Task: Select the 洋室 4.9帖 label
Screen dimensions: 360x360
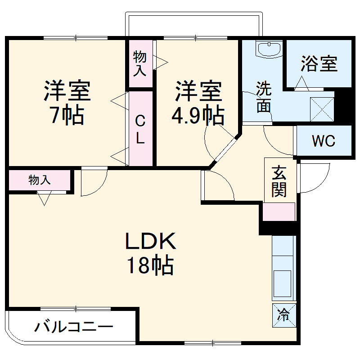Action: (x=198, y=103)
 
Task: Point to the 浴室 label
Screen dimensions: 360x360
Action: (x=319, y=64)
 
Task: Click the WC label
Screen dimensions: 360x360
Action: (x=324, y=141)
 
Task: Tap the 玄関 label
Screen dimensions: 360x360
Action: (x=279, y=181)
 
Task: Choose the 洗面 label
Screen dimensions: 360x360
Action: (x=264, y=97)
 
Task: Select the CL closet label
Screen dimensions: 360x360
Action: (x=140, y=130)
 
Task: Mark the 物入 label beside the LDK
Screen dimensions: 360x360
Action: (x=40, y=180)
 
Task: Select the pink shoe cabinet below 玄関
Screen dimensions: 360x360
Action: (x=279, y=212)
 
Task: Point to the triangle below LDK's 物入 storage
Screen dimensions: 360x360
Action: (x=45, y=198)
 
